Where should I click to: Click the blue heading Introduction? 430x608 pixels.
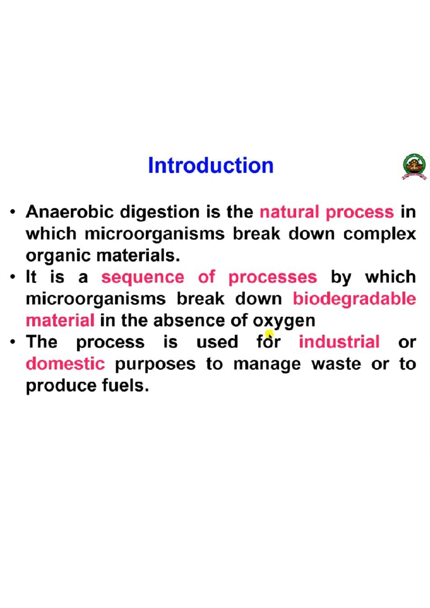(211, 165)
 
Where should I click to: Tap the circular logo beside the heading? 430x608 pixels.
(414, 166)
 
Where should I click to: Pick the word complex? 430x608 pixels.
(379, 234)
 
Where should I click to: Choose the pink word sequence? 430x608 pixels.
(143, 278)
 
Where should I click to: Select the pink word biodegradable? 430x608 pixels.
(354, 299)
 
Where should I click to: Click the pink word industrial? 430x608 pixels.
(339, 342)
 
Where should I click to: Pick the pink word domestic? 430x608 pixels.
(65, 364)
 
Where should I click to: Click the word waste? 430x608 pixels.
(336, 364)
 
